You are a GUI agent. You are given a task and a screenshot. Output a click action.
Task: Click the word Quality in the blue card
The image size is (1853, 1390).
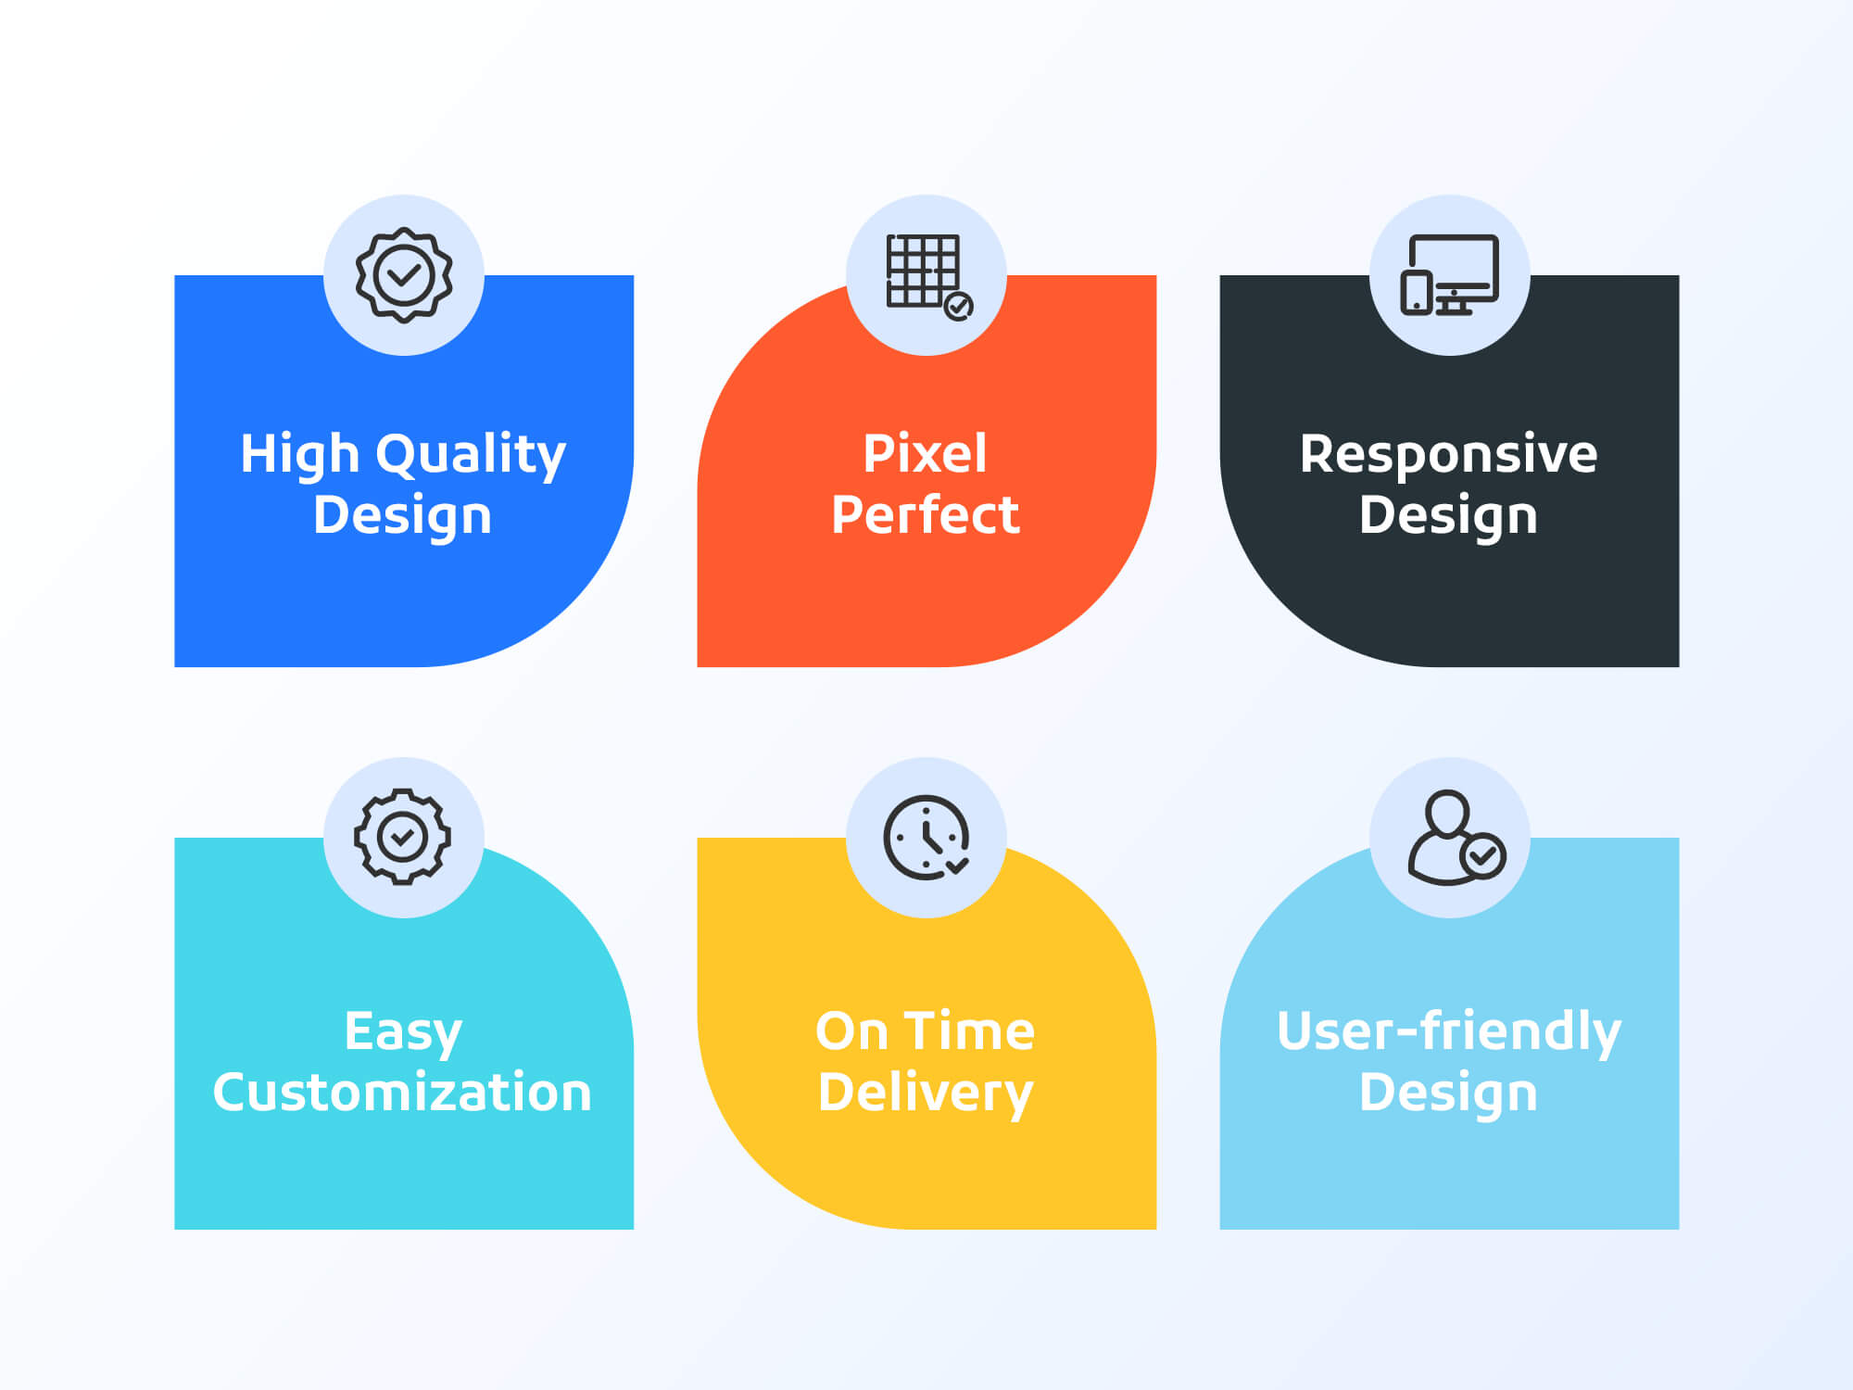471,456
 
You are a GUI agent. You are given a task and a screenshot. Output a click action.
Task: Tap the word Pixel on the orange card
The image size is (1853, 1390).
926,454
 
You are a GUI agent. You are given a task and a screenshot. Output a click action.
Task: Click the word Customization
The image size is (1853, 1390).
402,1092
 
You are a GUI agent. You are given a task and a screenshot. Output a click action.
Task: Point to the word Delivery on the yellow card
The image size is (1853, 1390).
926,1093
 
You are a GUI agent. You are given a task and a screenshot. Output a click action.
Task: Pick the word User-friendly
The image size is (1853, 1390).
1449,1032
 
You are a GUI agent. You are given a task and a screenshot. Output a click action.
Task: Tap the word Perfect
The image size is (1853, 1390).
926,515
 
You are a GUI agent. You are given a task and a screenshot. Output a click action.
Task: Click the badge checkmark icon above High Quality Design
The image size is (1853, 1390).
404,275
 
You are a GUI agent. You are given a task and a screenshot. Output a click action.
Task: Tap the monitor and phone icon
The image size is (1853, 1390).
1449,275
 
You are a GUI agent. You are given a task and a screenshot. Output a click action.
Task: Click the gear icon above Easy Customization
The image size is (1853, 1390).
402,837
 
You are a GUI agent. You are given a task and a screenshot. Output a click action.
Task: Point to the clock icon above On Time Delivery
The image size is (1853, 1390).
926,837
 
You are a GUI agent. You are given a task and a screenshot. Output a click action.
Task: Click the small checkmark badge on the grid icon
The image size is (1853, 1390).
958,306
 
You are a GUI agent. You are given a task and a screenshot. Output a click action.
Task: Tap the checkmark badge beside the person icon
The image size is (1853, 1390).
1482,856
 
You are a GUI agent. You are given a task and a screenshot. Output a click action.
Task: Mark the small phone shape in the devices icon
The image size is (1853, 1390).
1417,293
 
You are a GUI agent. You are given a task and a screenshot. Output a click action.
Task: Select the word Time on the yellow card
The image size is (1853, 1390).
969,1031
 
